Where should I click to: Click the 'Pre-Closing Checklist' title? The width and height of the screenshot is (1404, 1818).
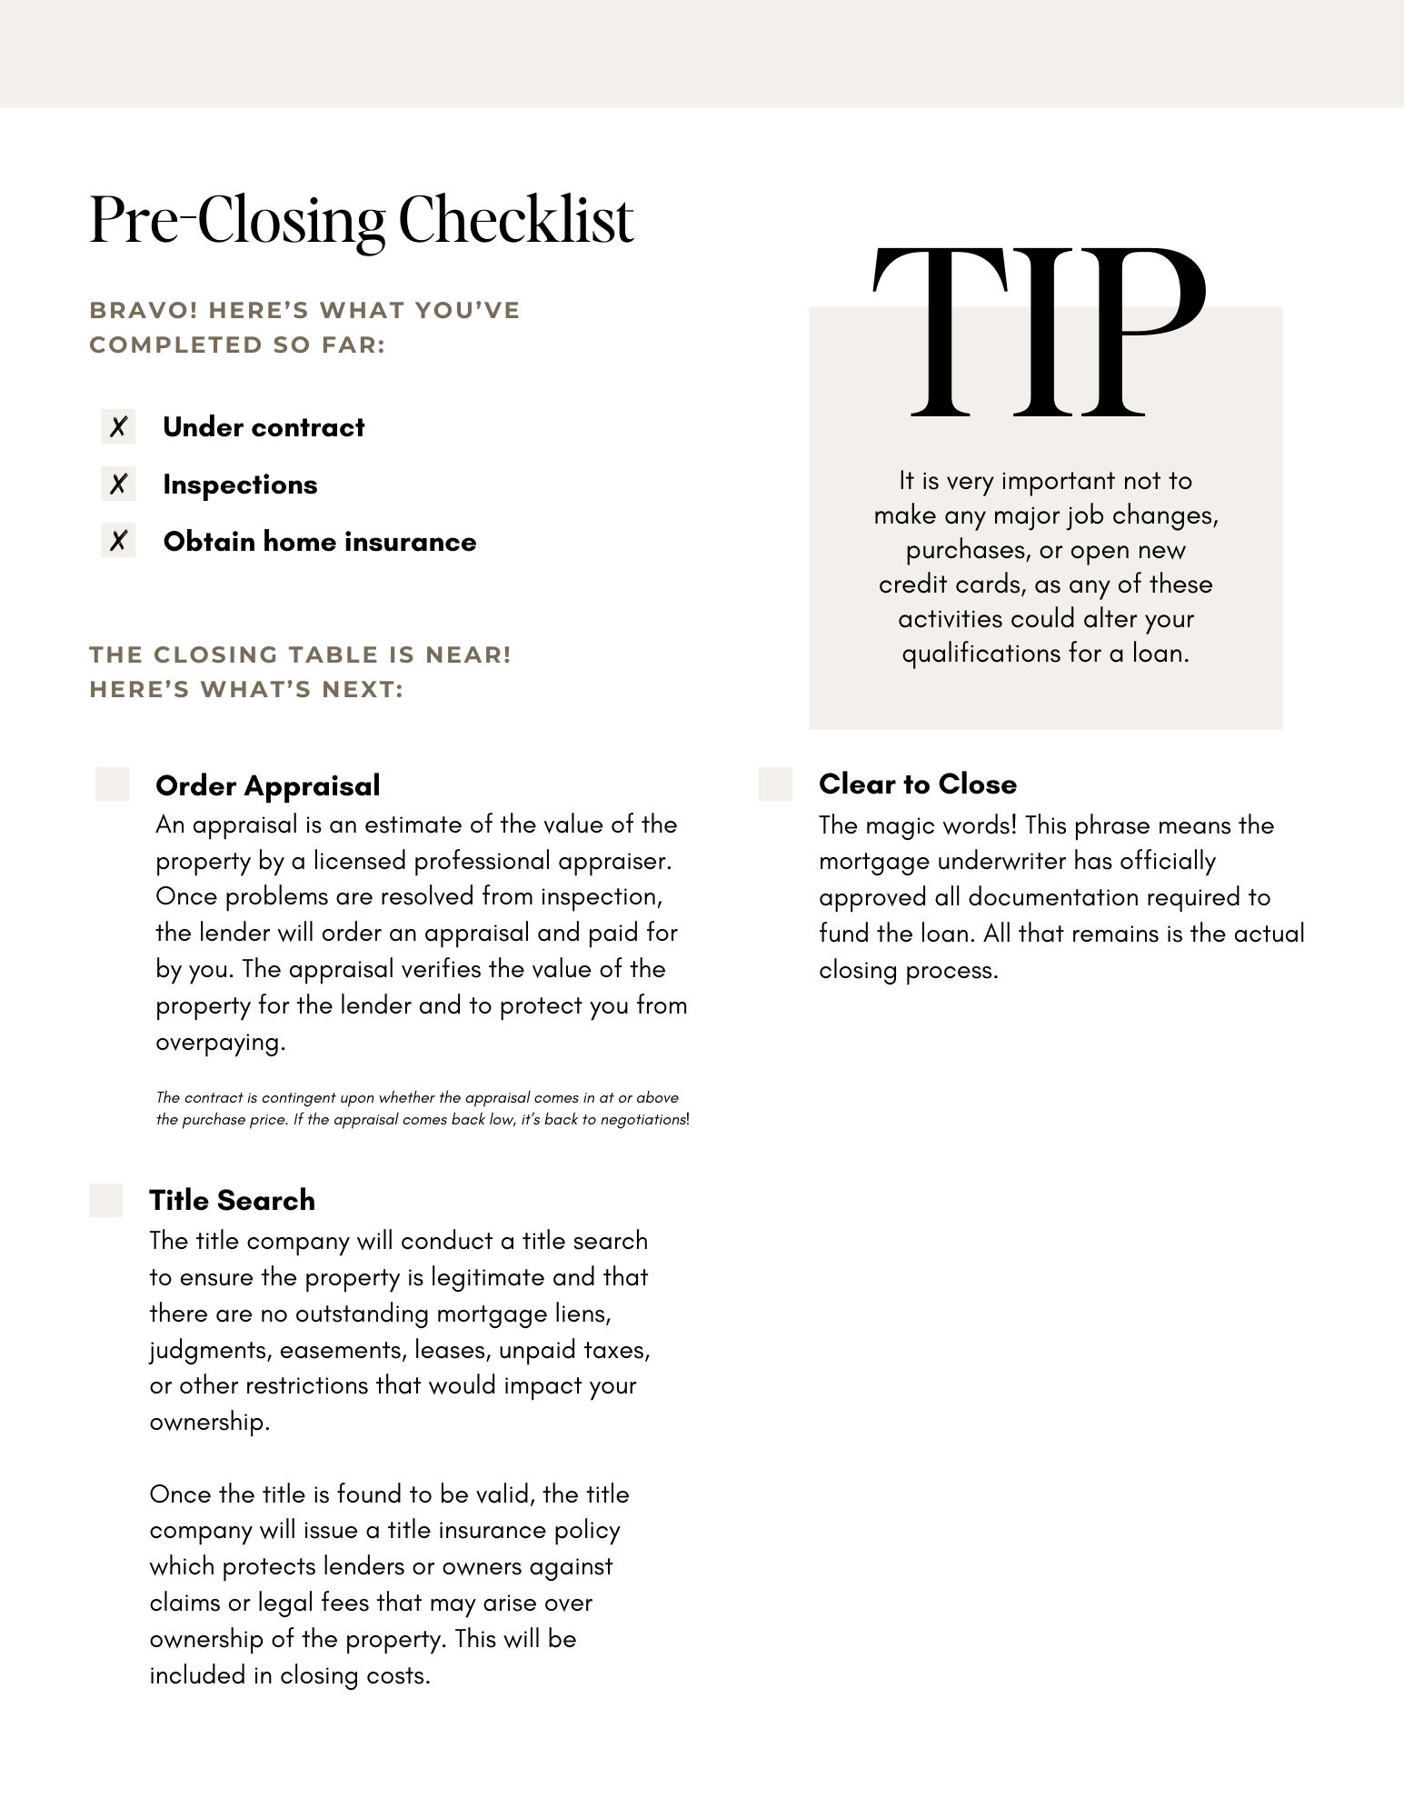[361, 221]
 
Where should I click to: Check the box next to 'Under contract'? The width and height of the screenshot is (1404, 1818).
[118, 426]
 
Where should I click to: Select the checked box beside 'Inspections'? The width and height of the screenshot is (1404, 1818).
[118, 484]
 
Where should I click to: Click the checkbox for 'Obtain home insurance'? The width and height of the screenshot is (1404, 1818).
[118, 541]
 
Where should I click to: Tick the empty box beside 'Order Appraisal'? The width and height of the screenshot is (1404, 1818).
[112, 784]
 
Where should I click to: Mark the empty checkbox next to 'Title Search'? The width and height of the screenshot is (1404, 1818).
[105, 1200]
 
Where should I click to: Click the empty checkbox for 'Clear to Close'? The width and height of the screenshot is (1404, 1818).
[775, 784]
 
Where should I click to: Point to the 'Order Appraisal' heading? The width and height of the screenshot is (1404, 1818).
[267, 785]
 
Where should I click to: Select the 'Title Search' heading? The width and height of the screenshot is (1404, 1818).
[232, 1200]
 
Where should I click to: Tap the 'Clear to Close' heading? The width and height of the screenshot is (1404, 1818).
[917, 784]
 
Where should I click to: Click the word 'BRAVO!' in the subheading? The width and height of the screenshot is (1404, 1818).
[143, 310]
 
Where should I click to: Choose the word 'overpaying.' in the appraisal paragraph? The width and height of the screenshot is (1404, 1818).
[220, 1042]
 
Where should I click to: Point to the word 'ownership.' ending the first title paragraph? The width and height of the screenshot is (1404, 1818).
[209, 1422]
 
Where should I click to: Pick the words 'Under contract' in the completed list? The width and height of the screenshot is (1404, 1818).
[264, 427]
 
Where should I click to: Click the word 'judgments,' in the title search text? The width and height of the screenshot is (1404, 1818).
[210, 1350]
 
